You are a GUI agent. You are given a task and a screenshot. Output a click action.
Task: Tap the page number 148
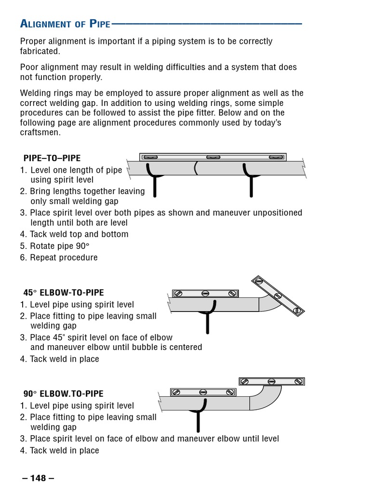tap(38, 478)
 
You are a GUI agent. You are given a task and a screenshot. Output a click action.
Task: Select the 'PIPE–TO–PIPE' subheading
tap(52, 158)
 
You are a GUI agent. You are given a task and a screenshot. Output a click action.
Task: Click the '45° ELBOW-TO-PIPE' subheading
tap(64, 293)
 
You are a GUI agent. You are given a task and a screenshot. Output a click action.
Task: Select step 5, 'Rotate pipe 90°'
tap(60, 246)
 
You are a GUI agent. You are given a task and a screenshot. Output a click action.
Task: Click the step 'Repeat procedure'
tap(64, 258)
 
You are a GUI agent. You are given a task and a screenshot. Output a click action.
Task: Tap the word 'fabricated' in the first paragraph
tap(40, 51)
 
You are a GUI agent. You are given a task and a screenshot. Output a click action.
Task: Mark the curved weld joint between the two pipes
tap(196, 169)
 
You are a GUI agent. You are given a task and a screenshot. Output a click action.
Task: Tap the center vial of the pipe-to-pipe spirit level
tap(213, 157)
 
